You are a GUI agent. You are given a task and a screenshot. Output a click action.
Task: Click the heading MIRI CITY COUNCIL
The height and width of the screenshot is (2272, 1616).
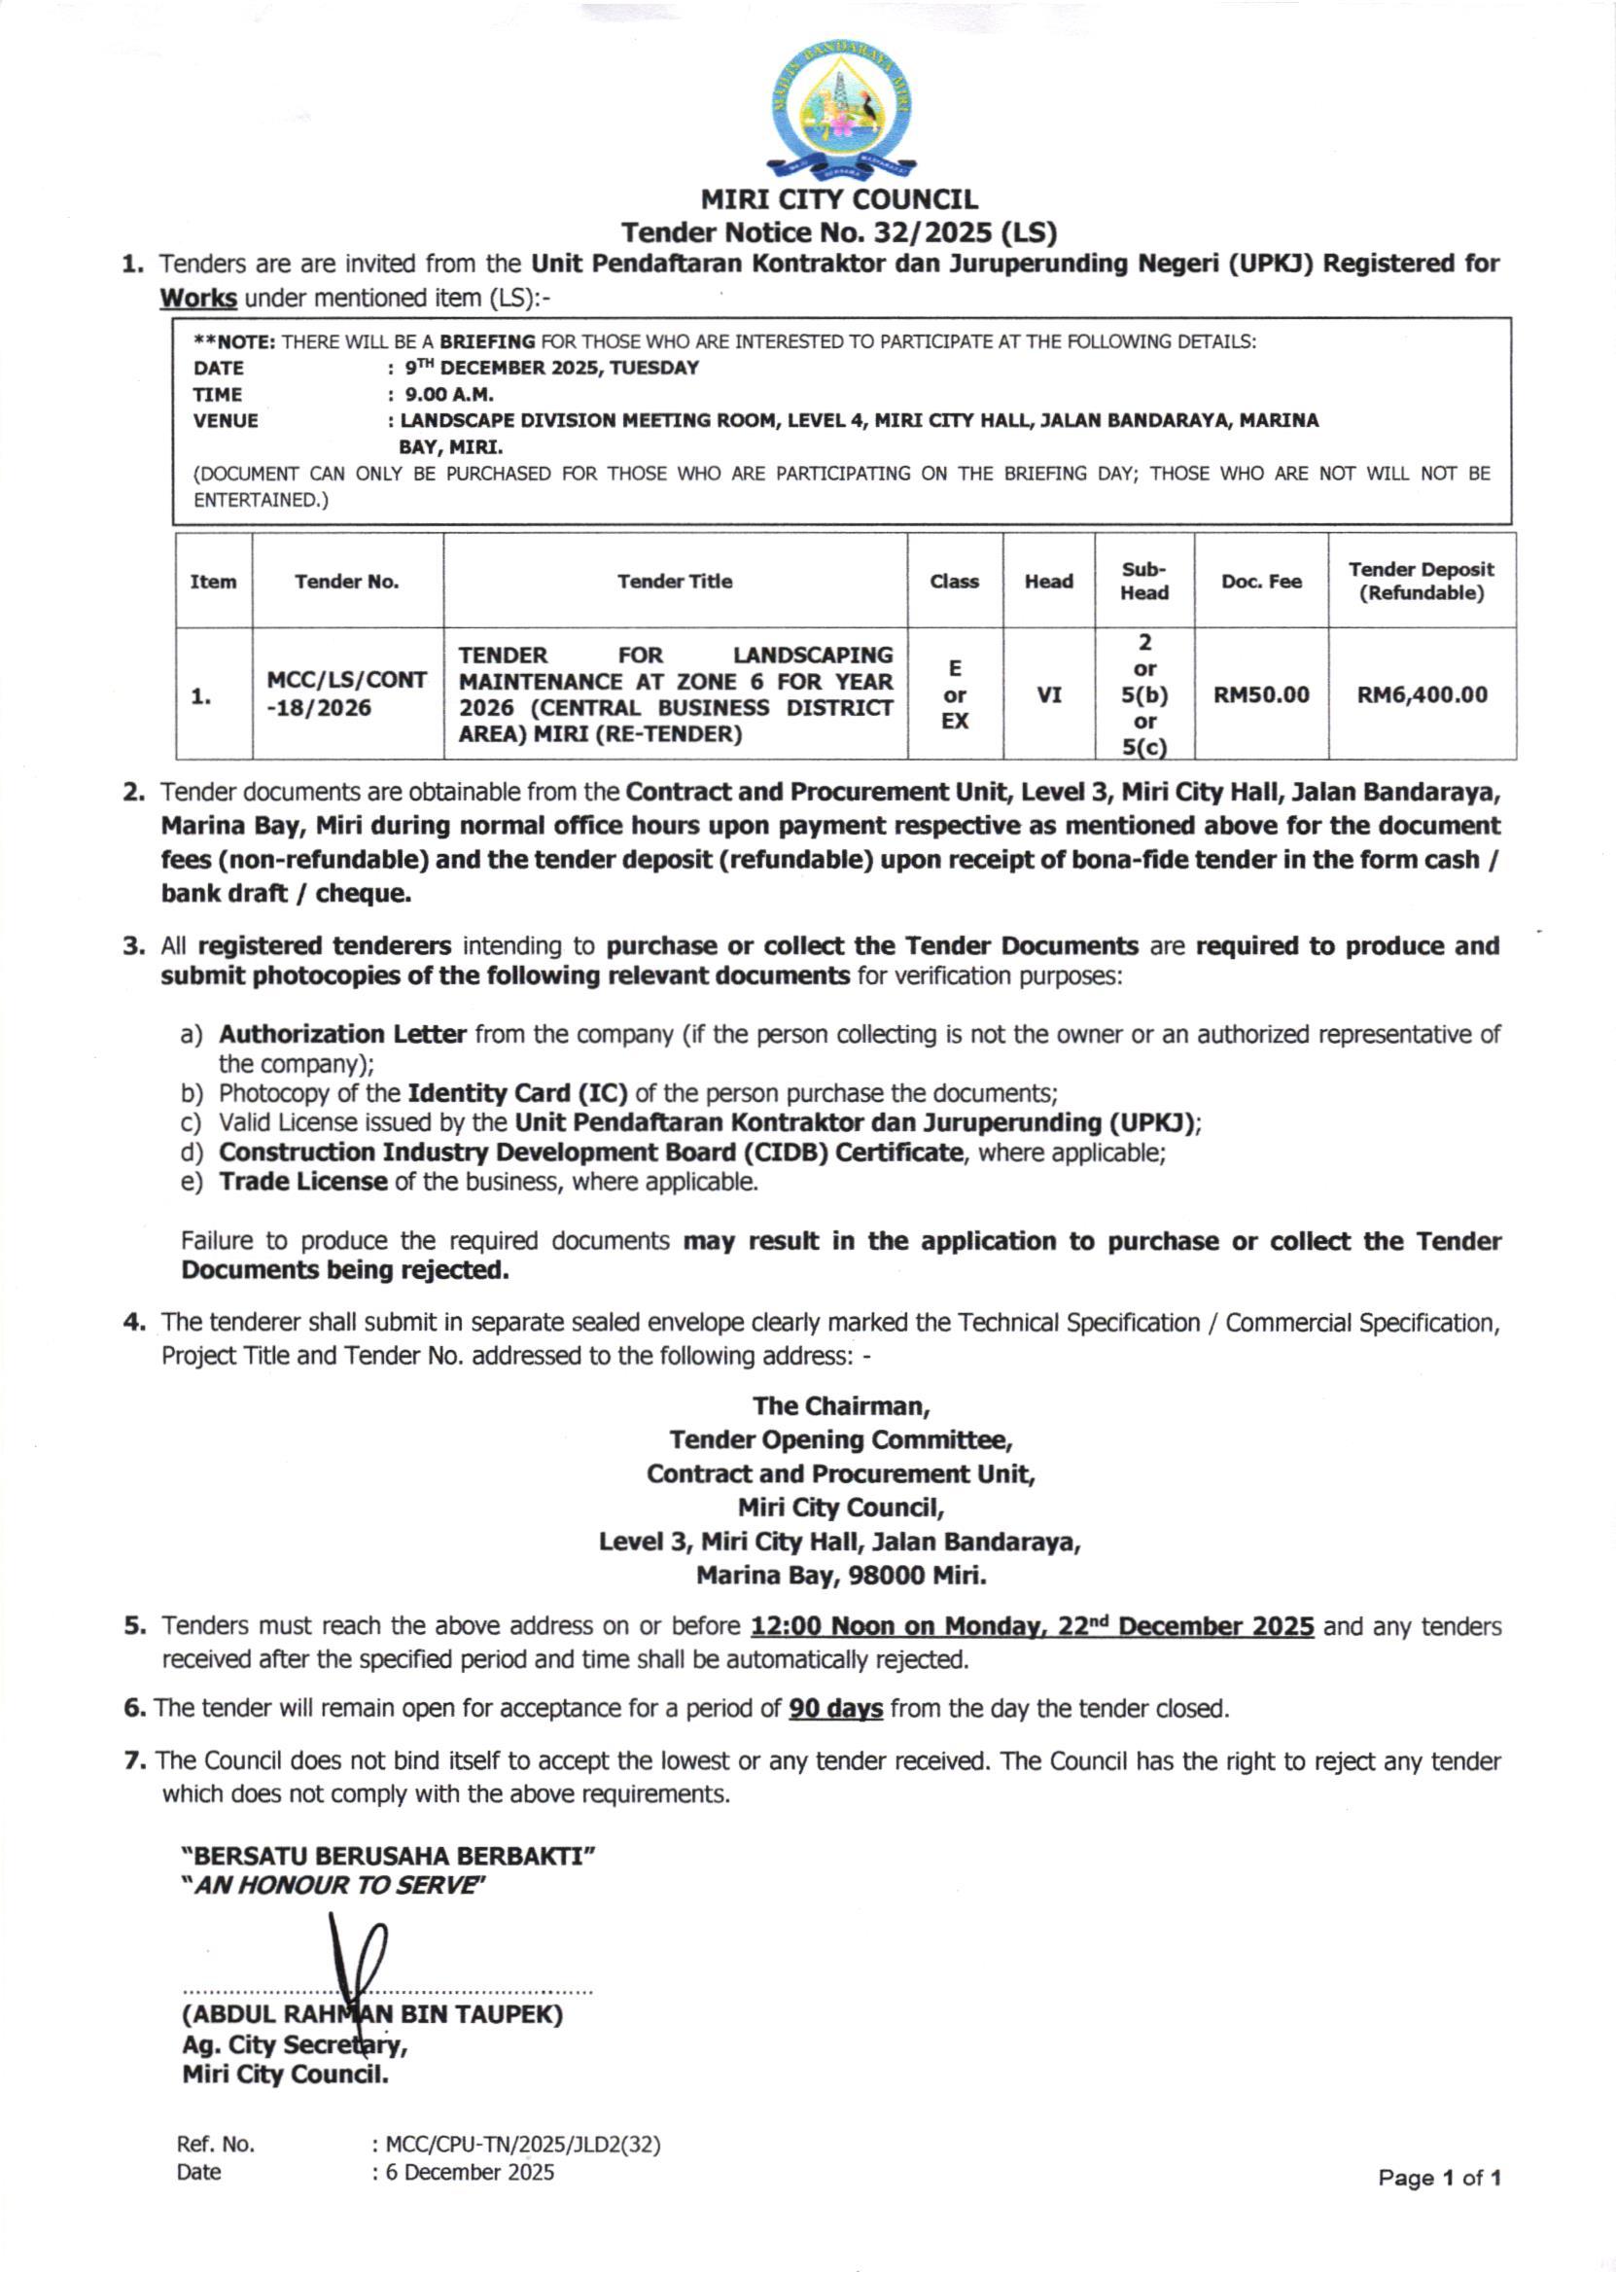coord(839,200)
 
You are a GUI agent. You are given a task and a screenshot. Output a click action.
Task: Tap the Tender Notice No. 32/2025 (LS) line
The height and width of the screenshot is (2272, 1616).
coord(839,232)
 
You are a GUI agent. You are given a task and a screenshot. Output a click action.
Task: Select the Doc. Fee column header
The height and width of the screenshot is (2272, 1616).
coord(1261,582)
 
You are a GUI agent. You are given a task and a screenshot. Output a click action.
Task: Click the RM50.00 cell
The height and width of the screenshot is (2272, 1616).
coord(1261,694)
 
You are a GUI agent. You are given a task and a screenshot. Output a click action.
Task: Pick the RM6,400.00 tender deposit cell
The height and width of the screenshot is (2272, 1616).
coord(1422,694)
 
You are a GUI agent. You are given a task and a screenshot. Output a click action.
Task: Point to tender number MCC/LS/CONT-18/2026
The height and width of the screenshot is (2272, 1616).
coord(346,693)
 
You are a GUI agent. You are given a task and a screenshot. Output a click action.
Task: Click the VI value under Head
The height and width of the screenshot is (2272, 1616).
coord(1049,694)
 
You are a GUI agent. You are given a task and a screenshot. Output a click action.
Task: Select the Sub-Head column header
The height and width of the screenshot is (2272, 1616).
coord(1144,582)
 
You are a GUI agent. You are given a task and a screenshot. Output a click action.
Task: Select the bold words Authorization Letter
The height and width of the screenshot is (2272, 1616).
coord(342,1034)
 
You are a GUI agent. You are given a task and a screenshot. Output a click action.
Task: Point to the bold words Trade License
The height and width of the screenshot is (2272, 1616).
coord(302,1182)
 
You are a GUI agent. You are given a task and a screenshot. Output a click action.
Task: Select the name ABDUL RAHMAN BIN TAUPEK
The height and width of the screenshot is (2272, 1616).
coord(372,2015)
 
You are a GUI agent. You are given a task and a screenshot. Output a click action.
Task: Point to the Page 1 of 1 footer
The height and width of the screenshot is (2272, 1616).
coord(1438,2179)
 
